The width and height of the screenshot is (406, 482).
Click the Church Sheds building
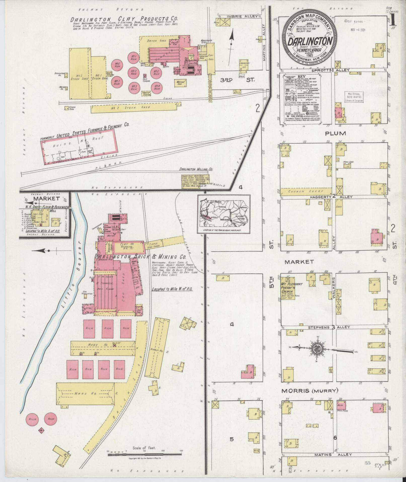[x=306, y=191]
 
